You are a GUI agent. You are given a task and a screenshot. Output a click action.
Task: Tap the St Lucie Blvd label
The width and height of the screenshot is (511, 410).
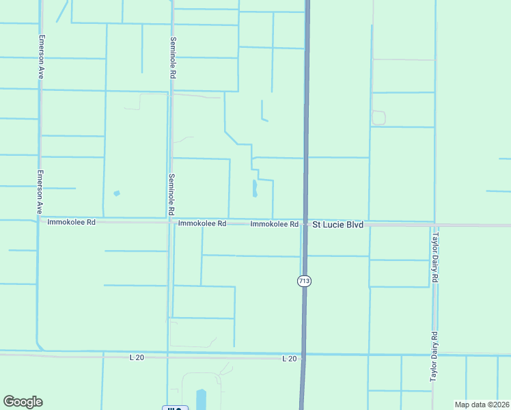click(x=337, y=224)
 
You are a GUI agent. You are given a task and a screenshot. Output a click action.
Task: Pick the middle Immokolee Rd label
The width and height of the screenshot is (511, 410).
click(x=202, y=223)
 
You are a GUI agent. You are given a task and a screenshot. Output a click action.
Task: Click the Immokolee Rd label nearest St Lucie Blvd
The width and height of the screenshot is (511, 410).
click(x=274, y=224)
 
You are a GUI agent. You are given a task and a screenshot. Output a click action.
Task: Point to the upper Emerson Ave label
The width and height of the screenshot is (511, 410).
click(x=41, y=57)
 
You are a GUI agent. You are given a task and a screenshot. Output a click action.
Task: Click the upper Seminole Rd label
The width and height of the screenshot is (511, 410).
click(x=174, y=57)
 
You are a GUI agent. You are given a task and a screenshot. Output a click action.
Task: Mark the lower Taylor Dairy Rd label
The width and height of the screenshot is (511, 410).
click(x=433, y=357)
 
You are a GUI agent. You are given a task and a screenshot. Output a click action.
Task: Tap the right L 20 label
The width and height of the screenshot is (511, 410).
click(x=290, y=358)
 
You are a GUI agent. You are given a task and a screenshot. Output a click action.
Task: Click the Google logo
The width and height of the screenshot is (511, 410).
click(x=23, y=402)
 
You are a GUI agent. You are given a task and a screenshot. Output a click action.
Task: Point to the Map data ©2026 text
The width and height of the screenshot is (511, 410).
click(x=482, y=405)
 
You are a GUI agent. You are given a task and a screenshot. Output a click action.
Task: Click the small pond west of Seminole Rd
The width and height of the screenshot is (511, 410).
click(x=116, y=193)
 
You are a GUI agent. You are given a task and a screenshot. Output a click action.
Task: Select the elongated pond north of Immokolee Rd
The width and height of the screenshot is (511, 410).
click(x=255, y=188)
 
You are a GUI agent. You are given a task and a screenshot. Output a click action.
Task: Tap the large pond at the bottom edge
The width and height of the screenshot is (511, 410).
click(x=201, y=398)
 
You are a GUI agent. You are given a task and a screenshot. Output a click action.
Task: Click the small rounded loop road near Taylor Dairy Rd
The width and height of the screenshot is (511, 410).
click(x=378, y=118)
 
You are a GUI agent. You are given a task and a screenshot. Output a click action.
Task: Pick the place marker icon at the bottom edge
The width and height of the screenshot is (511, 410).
click(x=175, y=408)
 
